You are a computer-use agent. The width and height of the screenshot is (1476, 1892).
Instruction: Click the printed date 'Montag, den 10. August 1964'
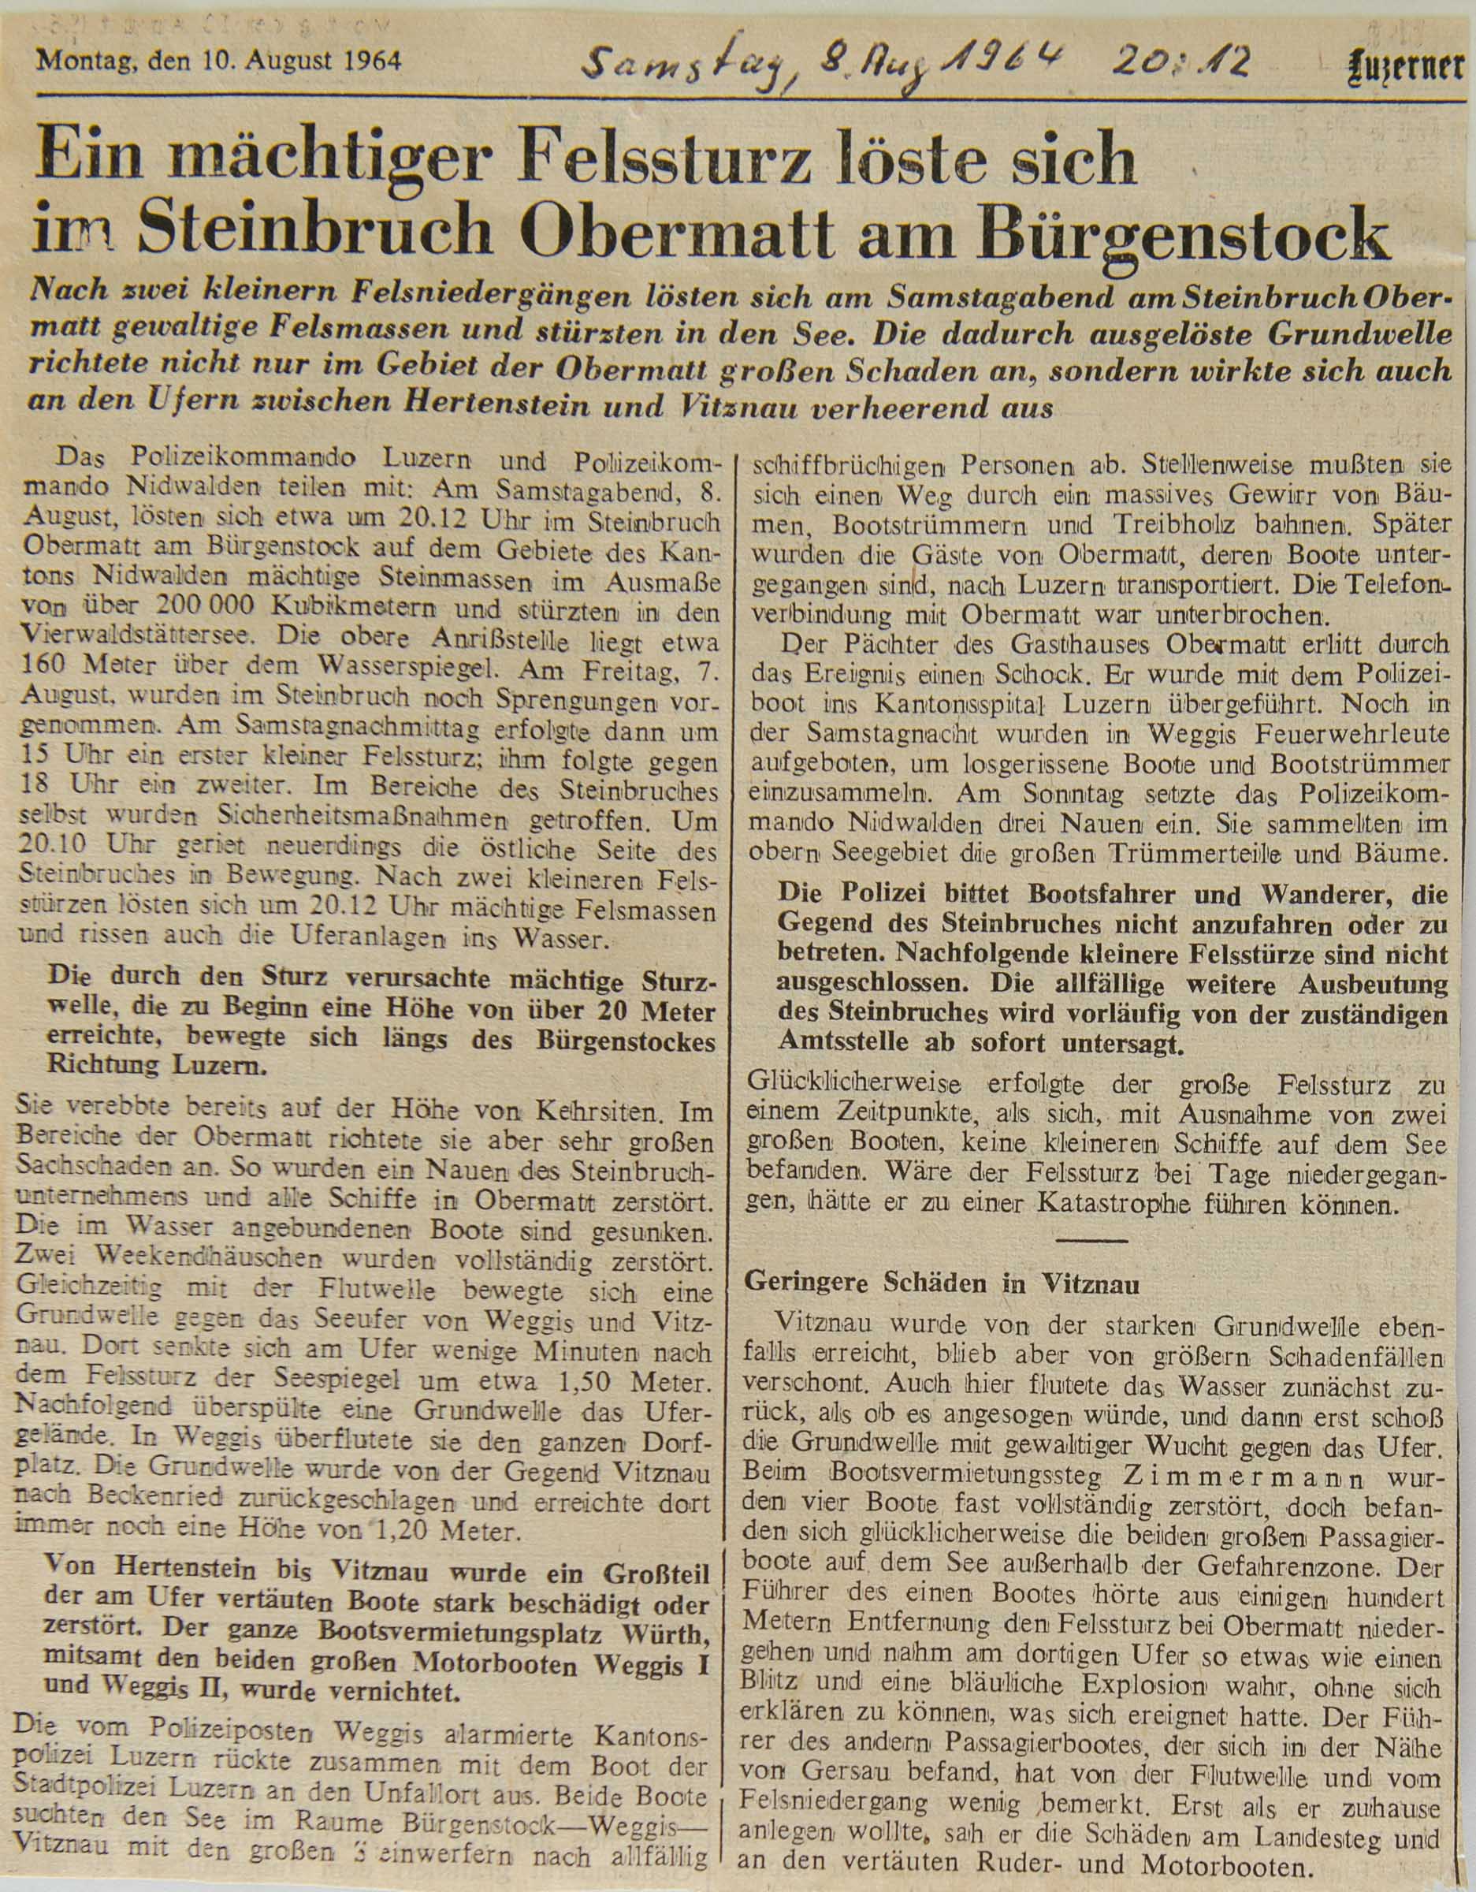click(x=218, y=61)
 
